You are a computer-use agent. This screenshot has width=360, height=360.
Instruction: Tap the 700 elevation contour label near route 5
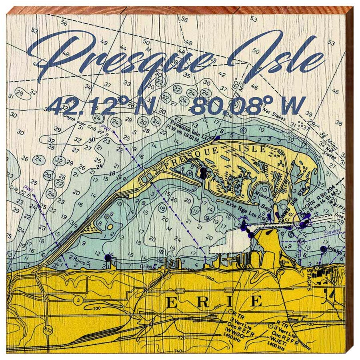click(x=97, y=309)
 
